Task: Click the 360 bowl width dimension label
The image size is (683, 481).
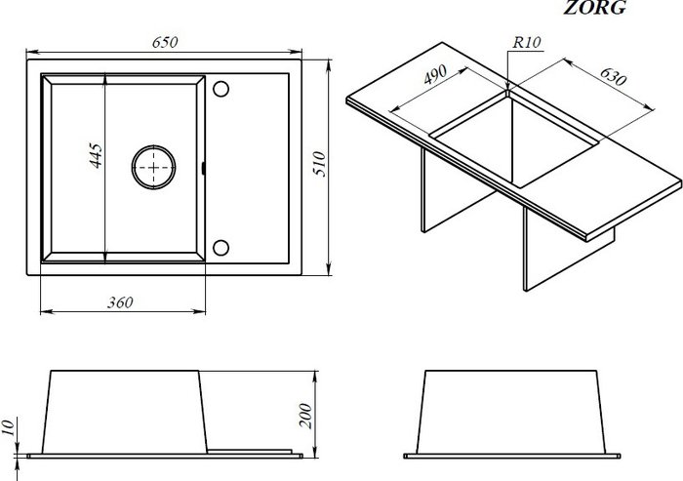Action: click(x=119, y=302)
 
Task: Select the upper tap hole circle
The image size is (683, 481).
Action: click(x=220, y=89)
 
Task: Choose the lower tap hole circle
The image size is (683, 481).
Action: click(x=220, y=246)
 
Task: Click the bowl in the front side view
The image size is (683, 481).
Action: click(x=122, y=410)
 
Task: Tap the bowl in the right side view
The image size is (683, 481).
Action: click(x=514, y=410)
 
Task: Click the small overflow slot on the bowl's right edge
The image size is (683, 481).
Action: click(x=202, y=168)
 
